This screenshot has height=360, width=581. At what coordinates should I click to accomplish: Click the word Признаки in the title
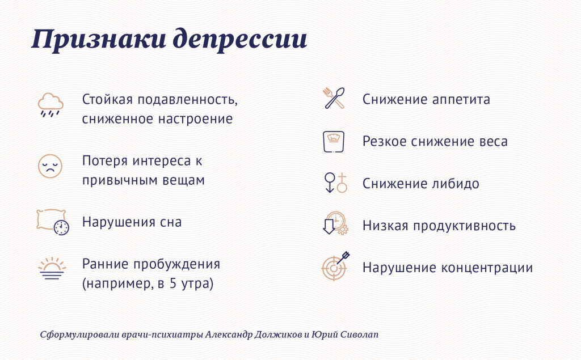tap(98, 40)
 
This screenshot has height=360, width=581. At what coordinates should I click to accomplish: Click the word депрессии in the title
tap(240, 40)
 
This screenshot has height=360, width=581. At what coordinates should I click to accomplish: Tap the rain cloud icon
tap(50, 105)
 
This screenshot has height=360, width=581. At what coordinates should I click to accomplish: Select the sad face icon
tap(50, 166)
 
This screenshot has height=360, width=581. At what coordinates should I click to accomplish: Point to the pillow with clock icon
tap(53, 222)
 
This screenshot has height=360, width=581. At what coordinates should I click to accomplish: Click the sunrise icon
tap(52, 268)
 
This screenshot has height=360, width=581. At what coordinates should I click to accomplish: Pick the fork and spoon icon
tap(334, 98)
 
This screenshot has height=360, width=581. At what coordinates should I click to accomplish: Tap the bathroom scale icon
tap(334, 142)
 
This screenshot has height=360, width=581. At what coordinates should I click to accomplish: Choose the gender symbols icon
tap(336, 183)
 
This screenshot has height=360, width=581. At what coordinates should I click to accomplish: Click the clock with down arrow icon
tap(335, 223)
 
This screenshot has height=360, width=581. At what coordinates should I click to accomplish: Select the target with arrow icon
tap(336, 266)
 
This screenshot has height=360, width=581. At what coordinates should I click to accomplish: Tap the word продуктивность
tap(464, 226)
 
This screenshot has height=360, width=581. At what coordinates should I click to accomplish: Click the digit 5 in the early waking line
tap(173, 283)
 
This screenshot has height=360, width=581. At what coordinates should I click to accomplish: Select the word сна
tap(171, 222)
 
